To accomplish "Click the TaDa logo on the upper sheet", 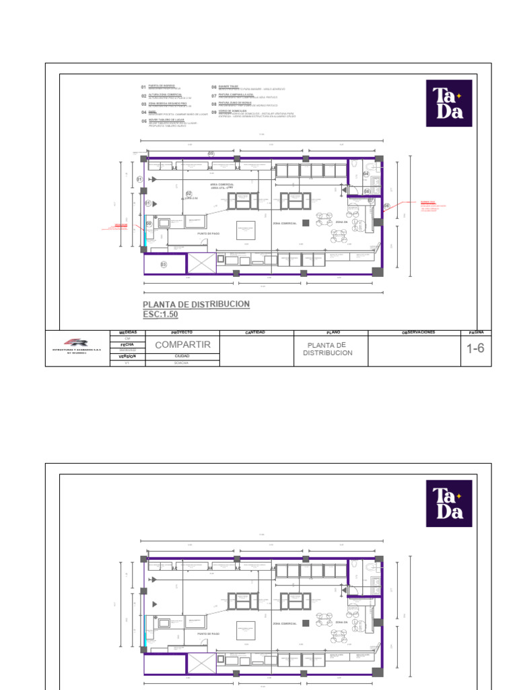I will [449, 102].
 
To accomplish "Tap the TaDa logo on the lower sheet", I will [449, 503].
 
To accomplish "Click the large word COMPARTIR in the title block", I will [183, 345].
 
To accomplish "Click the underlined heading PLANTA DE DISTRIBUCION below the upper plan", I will [196, 305].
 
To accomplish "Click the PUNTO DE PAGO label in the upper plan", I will [208, 233].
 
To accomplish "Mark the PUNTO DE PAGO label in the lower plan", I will [208, 634].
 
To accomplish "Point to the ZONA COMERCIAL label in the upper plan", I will [285, 223].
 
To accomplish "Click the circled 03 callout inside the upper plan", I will [164, 265].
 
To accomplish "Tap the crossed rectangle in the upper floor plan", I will [200, 263].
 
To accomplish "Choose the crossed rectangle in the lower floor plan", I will [200, 664].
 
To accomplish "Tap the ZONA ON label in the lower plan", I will [341, 623].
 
